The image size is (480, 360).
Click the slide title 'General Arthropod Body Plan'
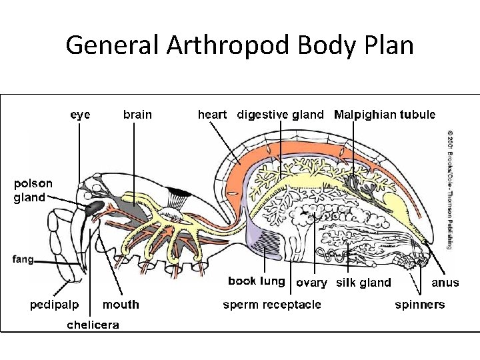pos(240,45)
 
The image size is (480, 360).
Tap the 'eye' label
pos(81,115)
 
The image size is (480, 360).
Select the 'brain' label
pos(137,115)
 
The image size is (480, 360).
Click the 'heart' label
pos(213,115)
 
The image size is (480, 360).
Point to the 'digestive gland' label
pos(281,115)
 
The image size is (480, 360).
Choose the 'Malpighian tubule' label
pos(385,115)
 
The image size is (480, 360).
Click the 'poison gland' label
pos(33,190)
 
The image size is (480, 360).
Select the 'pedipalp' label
pos(54,305)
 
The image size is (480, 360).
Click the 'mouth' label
pos(121,305)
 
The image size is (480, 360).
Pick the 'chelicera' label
pos(93,325)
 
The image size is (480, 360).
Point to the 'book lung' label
pos(256,281)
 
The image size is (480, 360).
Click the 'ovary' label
pos(311,283)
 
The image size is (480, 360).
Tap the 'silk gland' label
pos(363,283)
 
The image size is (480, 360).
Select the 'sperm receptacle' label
pos(271,305)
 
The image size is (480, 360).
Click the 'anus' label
pos(445,283)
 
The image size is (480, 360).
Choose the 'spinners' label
pos(419,305)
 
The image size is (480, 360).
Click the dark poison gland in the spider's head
pos(94,207)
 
